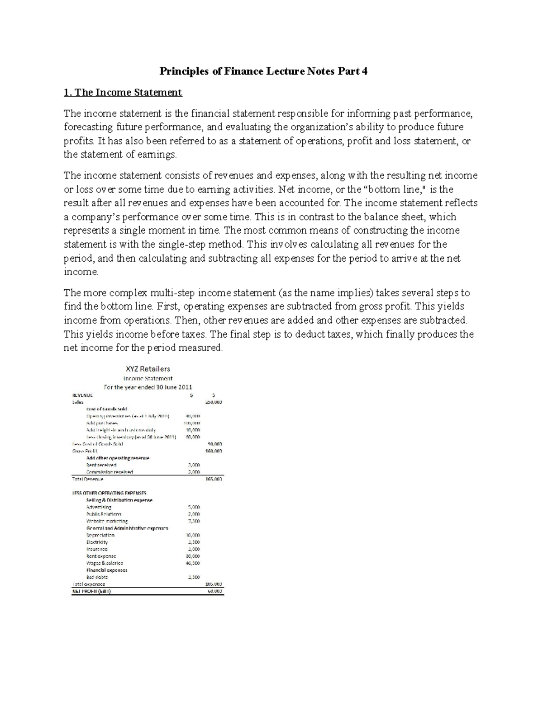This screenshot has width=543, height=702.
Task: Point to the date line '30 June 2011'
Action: tap(171, 387)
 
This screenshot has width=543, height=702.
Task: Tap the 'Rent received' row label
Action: tap(101, 465)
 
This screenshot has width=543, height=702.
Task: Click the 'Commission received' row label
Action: tap(110, 472)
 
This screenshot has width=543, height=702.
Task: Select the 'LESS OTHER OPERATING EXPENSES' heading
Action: tap(109, 493)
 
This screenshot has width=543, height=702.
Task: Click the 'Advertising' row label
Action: tap(99, 507)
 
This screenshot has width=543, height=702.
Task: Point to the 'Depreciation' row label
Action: tap(100, 535)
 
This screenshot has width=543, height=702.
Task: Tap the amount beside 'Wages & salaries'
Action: tap(194, 563)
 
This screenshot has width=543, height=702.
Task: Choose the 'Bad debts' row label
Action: tap(97, 577)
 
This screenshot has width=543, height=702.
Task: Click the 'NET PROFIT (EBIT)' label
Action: tap(91, 591)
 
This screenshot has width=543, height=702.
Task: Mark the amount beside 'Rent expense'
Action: tap(194, 556)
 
